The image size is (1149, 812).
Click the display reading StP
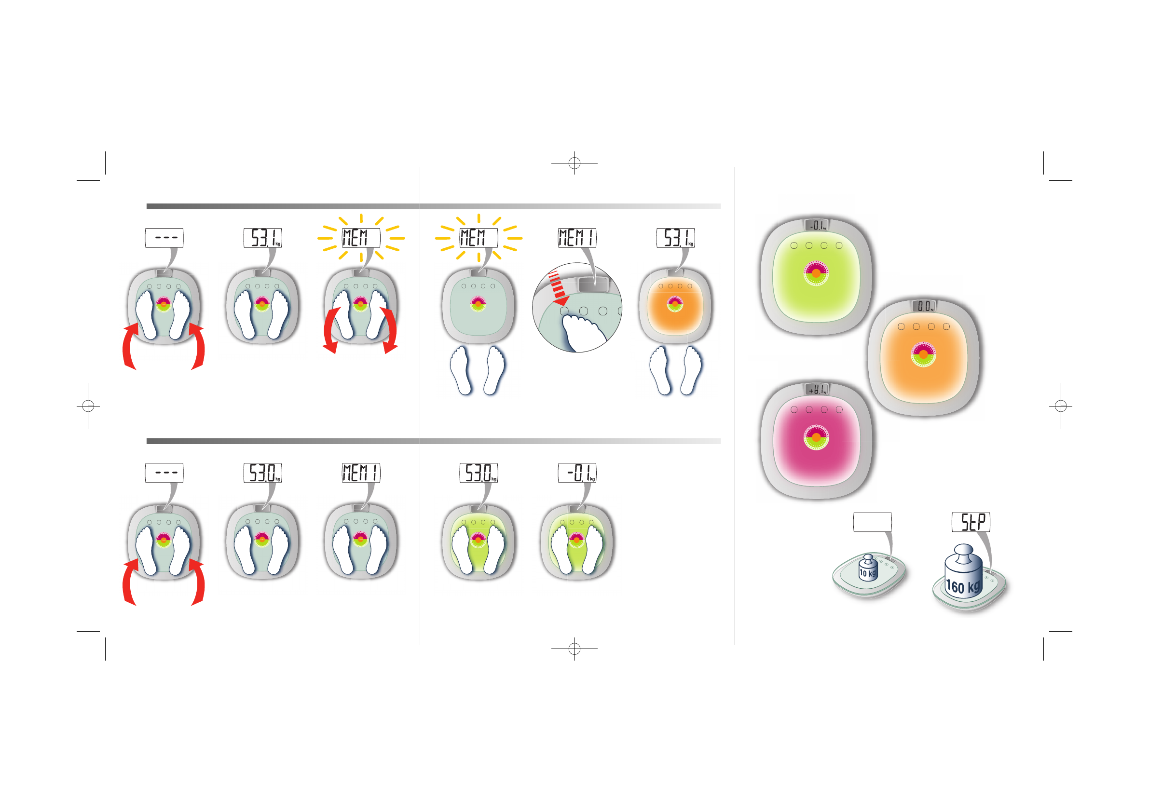tap(971, 522)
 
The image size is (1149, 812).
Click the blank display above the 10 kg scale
tap(872, 522)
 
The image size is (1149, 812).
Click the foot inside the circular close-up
tap(584, 332)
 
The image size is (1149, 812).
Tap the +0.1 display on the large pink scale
tap(816, 389)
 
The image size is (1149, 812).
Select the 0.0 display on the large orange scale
tap(924, 306)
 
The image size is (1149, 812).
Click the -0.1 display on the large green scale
tap(816, 226)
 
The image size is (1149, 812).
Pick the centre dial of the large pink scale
tap(816, 437)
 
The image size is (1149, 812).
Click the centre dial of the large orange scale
tap(923, 354)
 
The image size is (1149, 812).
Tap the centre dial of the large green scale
tap(816, 273)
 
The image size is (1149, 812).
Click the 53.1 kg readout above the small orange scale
tap(676, 238)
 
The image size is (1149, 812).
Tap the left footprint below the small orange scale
tap(661, 370)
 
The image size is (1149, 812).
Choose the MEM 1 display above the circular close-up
tap(577, 238)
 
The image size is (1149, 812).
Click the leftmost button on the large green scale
tap(793, 245)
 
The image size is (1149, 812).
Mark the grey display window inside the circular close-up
tap(592, 284)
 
